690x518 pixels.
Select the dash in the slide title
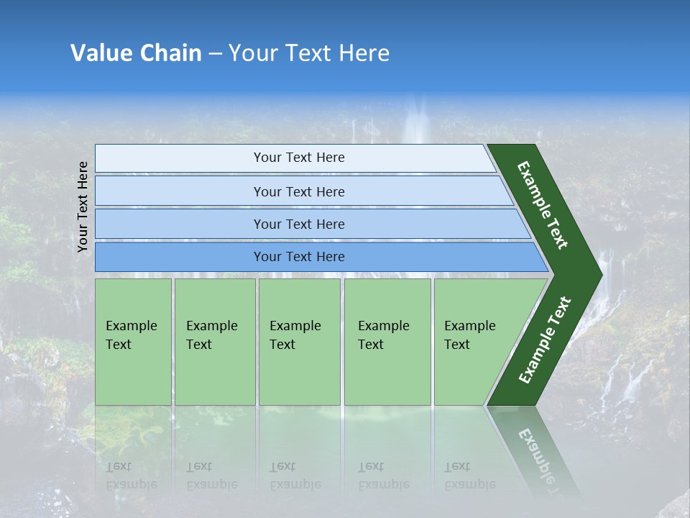(215, 54)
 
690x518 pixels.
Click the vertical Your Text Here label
(83, 206)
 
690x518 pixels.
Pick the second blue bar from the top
(299, 191)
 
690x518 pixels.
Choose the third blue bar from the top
(299, 224)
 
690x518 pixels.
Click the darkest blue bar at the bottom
(299, 257)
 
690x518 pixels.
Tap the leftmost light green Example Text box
(133, 342)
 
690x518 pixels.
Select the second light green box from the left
(215, 342)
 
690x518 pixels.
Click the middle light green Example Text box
(299, 342)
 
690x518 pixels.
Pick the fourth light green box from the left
(387, 342)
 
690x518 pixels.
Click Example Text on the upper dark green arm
(543, 205)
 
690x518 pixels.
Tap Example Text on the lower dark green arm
(545, 340)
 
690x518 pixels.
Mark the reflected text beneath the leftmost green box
(131, 476)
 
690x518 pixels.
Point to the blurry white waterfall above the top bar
(416, 122)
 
